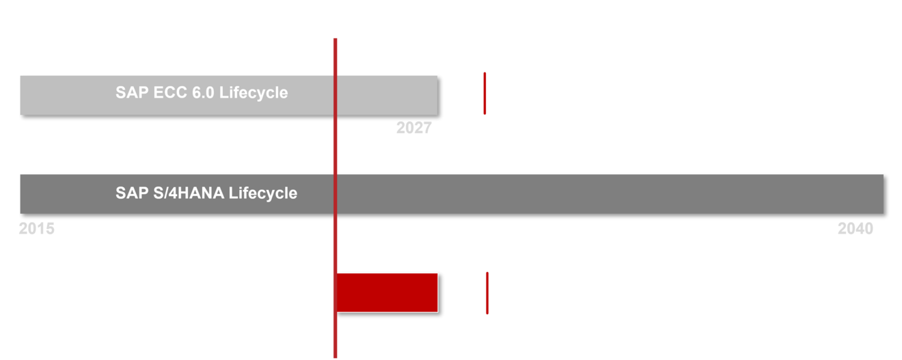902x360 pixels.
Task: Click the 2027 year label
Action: pos(414,128)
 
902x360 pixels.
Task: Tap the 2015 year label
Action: pos(37,229)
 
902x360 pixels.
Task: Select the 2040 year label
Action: pos(856,229)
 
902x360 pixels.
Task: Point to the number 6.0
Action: pos(203,93)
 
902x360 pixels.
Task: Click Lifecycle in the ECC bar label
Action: pos(254,93)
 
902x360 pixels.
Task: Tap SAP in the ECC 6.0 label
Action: pos(132,93)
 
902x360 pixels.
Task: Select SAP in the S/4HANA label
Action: pos(132,193)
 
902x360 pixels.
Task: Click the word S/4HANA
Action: pos(189,193)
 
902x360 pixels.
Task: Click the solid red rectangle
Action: pos(387,293)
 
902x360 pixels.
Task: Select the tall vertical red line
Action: pos(335,198)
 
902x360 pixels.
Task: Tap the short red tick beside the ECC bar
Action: pos(485,94)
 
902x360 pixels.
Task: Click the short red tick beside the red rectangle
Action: pos(487,293)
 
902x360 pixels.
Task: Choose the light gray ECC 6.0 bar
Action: pos(229,96)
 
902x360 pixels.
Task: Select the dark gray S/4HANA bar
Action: pos(452,194)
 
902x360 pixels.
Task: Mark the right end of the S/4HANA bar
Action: pos(884,194)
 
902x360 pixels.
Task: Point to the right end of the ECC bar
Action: pos(437,96)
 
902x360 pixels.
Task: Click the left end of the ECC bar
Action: pos(20,96)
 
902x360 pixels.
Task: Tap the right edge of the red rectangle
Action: pos(437,293)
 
